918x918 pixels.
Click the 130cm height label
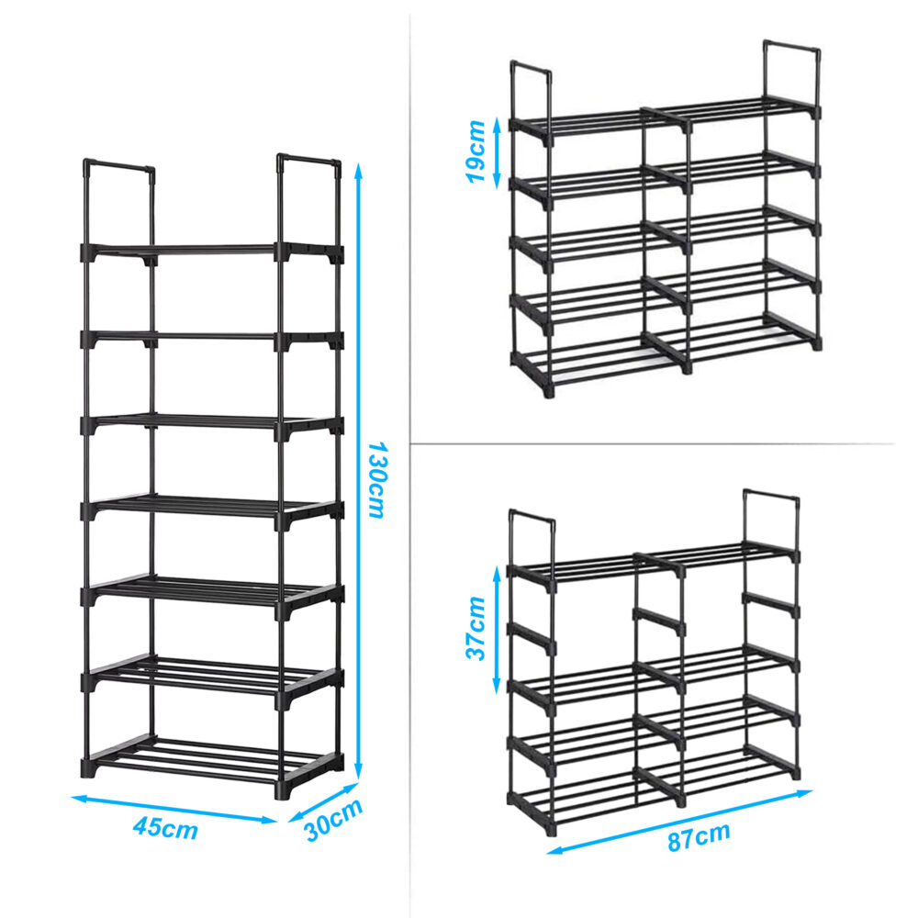[x=377, y=479]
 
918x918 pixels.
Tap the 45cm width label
[x=165, y=828]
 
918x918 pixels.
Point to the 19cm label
[x=476, y=151]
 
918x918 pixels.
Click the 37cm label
[x=476, y=628]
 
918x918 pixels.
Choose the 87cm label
[x=699, y=836]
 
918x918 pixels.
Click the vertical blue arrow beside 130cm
[x=359, y=472]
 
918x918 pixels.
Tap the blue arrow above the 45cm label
[x=174, y=809]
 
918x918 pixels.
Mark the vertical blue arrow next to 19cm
[x=498, y=152]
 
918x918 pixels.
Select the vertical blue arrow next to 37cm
[x=497, y=630]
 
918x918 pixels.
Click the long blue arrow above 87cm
[x=679, y=822]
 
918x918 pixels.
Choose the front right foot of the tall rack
[x=282, y=791]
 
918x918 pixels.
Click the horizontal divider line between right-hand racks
[x=652, y=443]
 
